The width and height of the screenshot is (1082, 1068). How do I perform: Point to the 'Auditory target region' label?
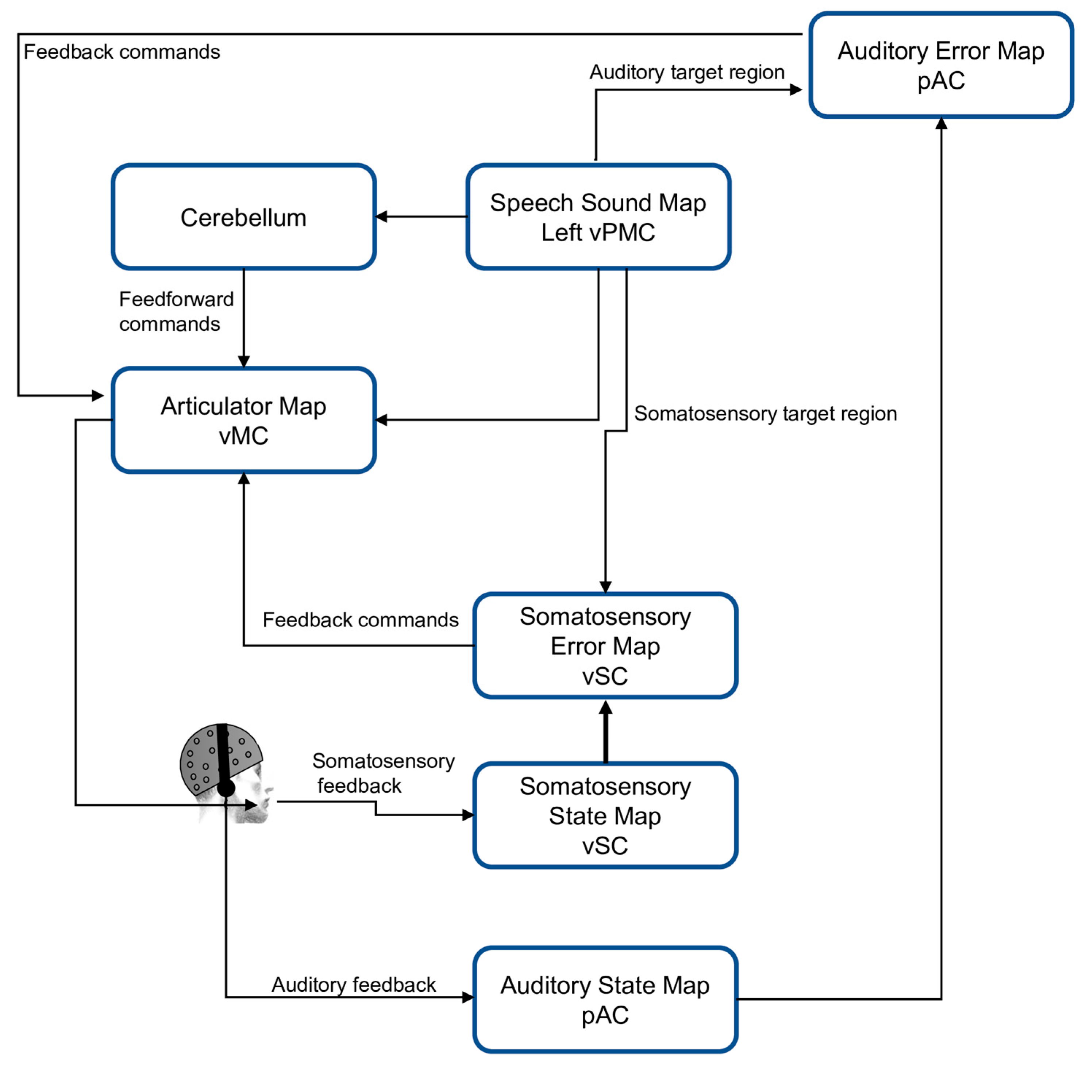687,72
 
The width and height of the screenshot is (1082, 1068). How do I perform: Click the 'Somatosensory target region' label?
765,414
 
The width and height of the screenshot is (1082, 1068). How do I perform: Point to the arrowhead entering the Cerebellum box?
381,217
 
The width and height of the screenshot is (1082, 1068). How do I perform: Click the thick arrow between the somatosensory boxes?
605,731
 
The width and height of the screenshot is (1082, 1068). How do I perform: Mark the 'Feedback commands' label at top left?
122,52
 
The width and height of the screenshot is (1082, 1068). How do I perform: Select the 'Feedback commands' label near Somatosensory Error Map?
360,620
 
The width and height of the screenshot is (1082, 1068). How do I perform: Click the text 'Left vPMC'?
598,233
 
